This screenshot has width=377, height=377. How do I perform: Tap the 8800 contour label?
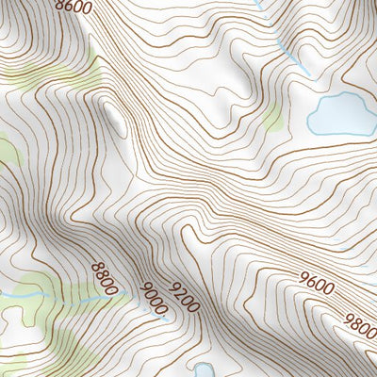click(x=105, y=280)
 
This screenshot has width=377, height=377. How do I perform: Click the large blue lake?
click(x=336, y=114)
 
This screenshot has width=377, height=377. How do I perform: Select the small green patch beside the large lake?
click(x=274, y=117)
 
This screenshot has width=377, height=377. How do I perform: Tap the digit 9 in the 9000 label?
click(x=142, y=286)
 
